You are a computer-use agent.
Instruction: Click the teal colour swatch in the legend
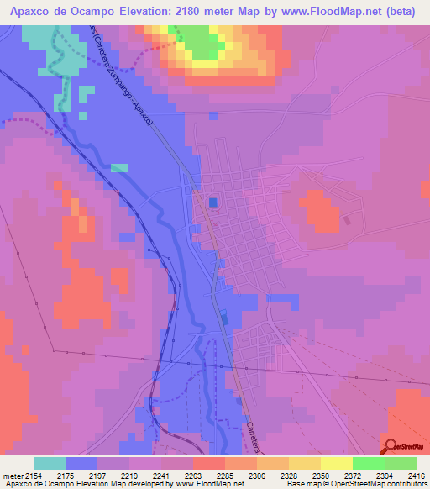[50, 463]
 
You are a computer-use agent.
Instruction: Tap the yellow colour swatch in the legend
[336, 463]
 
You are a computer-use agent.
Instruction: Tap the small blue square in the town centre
[212, 202]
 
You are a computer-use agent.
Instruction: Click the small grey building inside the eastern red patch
[347, 220]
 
